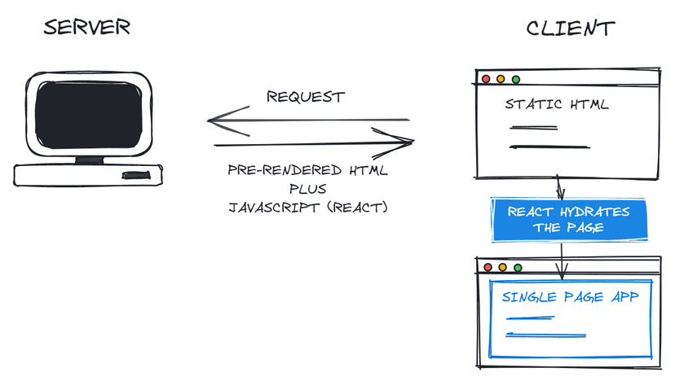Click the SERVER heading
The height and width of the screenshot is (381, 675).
pos(86,28)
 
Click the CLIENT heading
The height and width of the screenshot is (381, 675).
pos(570,28)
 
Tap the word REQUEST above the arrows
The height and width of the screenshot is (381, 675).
pos(306,97)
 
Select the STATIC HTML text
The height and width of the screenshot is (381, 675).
pos(556,104)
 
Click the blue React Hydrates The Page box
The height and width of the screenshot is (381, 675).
pos(568,220)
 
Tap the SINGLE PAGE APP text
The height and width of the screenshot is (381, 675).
pos(570,297)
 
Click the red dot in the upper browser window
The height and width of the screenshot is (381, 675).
pos(487,79)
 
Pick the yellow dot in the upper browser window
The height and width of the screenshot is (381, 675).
pos(501,79)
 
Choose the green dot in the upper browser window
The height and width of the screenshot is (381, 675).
pos(515,79)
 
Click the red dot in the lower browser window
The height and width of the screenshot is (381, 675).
pos(487,267)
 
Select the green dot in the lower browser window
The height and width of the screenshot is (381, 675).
pos(516,267)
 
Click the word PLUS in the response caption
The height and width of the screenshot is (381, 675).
pos(307,189)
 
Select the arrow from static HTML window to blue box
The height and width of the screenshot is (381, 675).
pos(560,187)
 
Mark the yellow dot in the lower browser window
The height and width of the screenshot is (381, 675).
pos(501,267)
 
